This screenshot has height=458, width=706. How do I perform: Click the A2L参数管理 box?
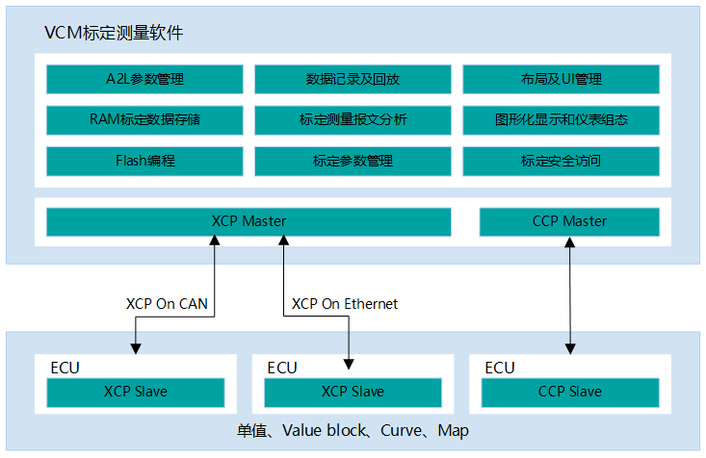[x=144, y=79]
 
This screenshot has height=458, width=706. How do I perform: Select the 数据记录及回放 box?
[x=353, y=79]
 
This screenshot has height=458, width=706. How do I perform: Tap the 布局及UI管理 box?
[x=561, y=79]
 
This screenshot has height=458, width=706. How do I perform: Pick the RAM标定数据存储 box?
[x=144, y=120]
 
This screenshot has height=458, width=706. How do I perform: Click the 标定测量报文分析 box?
[x=353, y=120]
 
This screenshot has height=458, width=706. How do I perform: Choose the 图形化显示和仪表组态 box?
[x=561, y=120]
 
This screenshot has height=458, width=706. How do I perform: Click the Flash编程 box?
[x=144, y=161]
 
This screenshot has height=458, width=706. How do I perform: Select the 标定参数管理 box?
[x=353, y=161]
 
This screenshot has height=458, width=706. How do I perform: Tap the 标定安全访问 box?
[x=561, y=161]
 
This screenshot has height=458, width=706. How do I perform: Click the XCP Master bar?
[x=248, y=222]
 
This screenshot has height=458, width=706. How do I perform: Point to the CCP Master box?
[x=569, y=222]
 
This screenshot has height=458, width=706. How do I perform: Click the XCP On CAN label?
[x=167, y=304]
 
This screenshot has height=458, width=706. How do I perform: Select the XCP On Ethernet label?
[x=345, y=304]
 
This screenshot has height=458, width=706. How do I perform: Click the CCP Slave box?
[x=570, y=393]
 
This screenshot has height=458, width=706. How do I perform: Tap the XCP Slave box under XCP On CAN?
[x=136, y=393]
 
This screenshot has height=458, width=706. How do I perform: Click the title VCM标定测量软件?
[x=114, y=33]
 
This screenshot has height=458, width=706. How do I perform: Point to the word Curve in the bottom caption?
[x=401, y=431]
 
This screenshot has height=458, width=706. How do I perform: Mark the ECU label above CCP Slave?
[x=499, y=368]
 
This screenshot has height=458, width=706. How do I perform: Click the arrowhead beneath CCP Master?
[x=569, y=242]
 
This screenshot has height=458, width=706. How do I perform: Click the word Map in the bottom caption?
[x=453, y=431]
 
